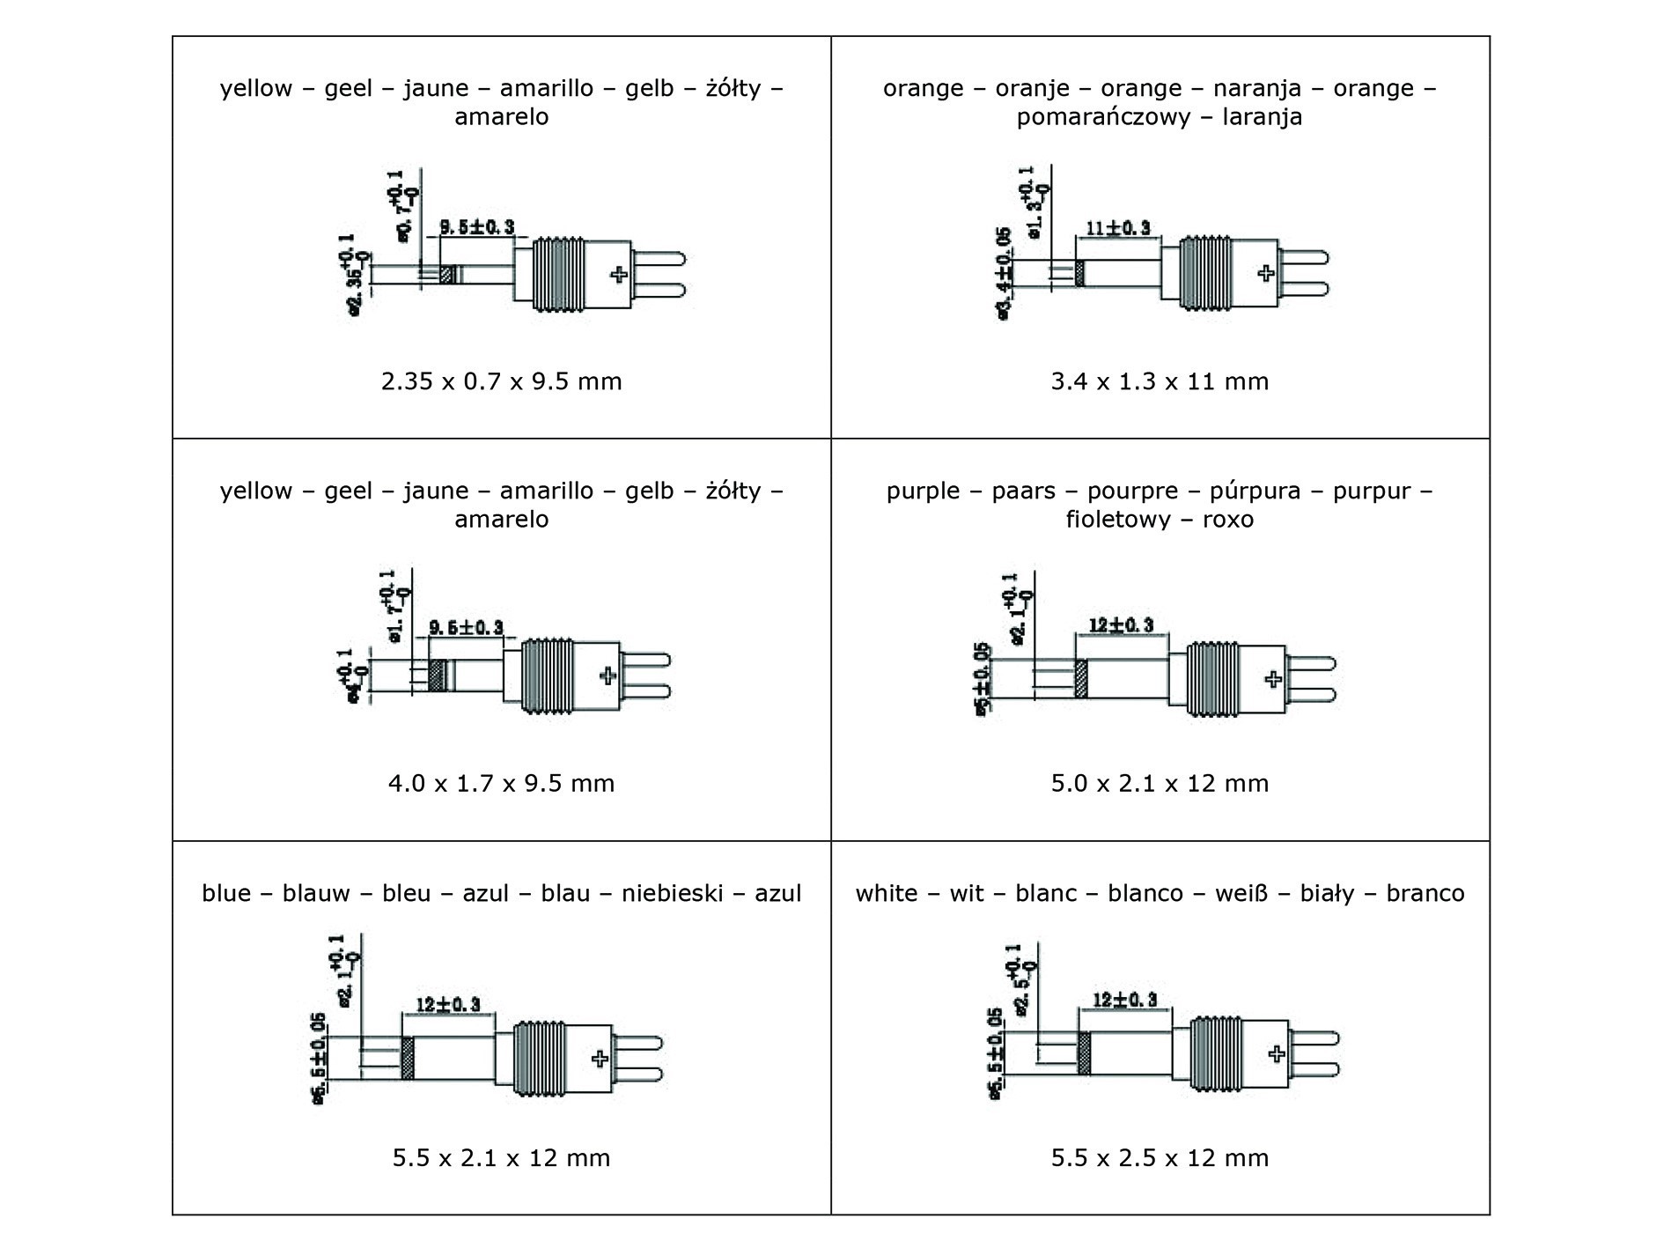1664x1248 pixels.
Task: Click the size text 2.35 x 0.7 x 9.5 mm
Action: click(x=501, y=381)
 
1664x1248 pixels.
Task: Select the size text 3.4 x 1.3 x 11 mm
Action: click(x=1160, y=381)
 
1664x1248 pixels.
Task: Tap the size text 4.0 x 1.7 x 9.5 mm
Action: click(x=501, y=783)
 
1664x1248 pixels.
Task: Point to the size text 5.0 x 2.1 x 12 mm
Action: click(x=1160, y=783)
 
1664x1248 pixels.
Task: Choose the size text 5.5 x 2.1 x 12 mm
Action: click(x=501, y=1157)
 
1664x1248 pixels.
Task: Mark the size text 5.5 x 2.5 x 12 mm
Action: click(x=1160, y=1157)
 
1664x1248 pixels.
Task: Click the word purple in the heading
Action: click(x=923, y=491)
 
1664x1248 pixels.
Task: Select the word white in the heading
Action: click(x=887, y=893)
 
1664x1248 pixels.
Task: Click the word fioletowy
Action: click(x=1115, y=519)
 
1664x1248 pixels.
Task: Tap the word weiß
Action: click(x=1240, y=893)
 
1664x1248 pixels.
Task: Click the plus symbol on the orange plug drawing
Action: click(x=1266, y=272)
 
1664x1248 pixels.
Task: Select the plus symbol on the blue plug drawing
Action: click(x=600, y=1058)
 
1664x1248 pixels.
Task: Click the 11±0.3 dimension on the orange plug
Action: click(x=1118, y=227)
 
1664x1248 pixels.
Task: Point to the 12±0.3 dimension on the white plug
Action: click(x=1124, y=1000)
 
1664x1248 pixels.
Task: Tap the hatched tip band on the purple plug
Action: click(x=1081, y=679)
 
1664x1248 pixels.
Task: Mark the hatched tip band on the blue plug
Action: click(x=408, y=1058)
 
